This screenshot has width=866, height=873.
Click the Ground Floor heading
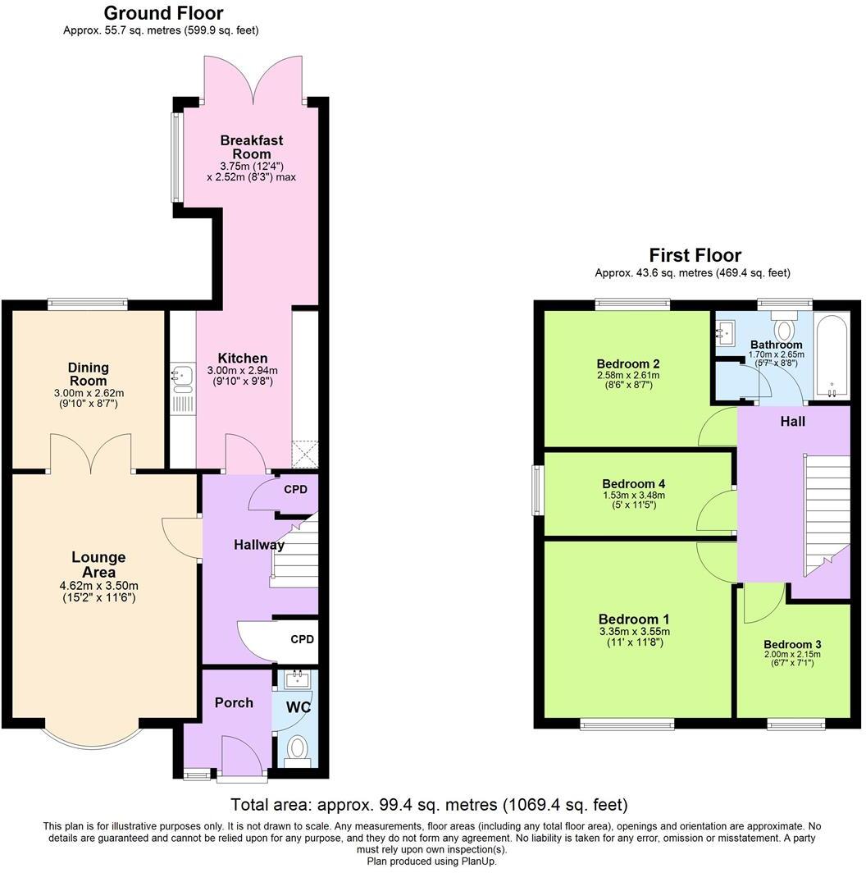tap(164, 13)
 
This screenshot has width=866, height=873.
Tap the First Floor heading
tap(695, 255)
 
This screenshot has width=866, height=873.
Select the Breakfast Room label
tap(251, 147)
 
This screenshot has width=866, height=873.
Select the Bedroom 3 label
tap(791, 645)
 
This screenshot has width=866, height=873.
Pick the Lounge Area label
tap(98, 564)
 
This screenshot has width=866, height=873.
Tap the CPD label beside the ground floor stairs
tap(295, 490)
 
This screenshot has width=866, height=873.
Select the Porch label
tap(234, 702)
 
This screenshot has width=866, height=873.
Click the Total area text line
tap(429, 804)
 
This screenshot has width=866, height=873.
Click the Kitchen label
tap(242, 358)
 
